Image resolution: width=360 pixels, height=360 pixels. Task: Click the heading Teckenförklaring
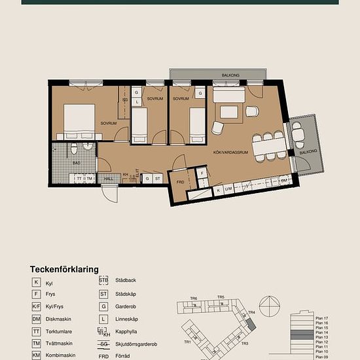64,269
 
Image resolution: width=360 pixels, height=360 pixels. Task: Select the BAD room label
77,162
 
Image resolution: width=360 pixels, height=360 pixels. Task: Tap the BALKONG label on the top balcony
230,75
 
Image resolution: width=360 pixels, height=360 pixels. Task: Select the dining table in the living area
270,147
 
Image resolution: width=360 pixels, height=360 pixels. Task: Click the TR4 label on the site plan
251,313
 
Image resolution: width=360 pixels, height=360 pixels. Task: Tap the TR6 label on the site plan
194,299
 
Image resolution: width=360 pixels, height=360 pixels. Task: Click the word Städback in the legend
126,280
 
